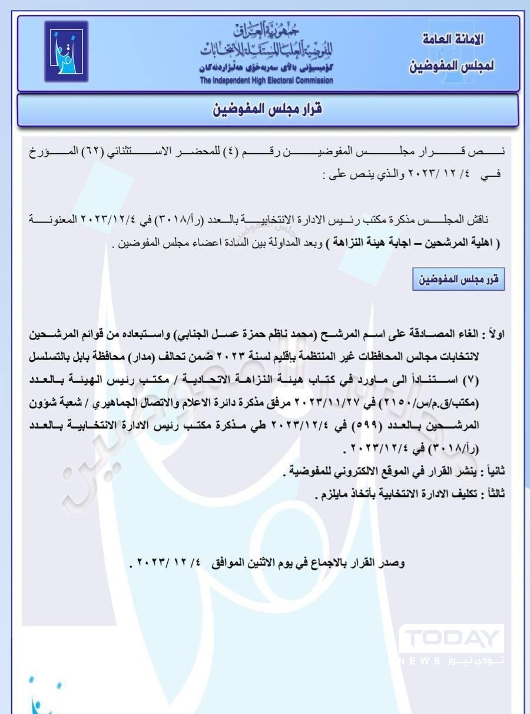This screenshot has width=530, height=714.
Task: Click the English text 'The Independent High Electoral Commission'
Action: coord(266,80)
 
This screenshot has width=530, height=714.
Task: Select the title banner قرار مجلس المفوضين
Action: coord(267,110)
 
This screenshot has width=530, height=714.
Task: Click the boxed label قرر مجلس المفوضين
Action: coord(459,280)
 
